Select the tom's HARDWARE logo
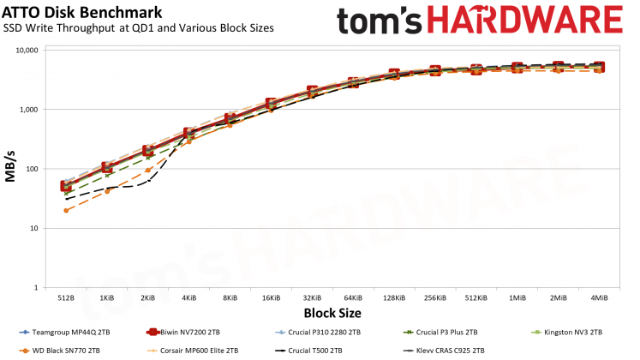[480, 22]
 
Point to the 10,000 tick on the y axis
[28, 51]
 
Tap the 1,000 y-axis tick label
[31, 110]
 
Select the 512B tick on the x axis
[66, 297]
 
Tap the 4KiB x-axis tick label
[188, 297]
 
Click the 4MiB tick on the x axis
[598, 297]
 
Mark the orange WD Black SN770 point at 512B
[66, 210]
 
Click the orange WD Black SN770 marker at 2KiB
[147, 170]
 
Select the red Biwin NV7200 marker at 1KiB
[107, 167]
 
